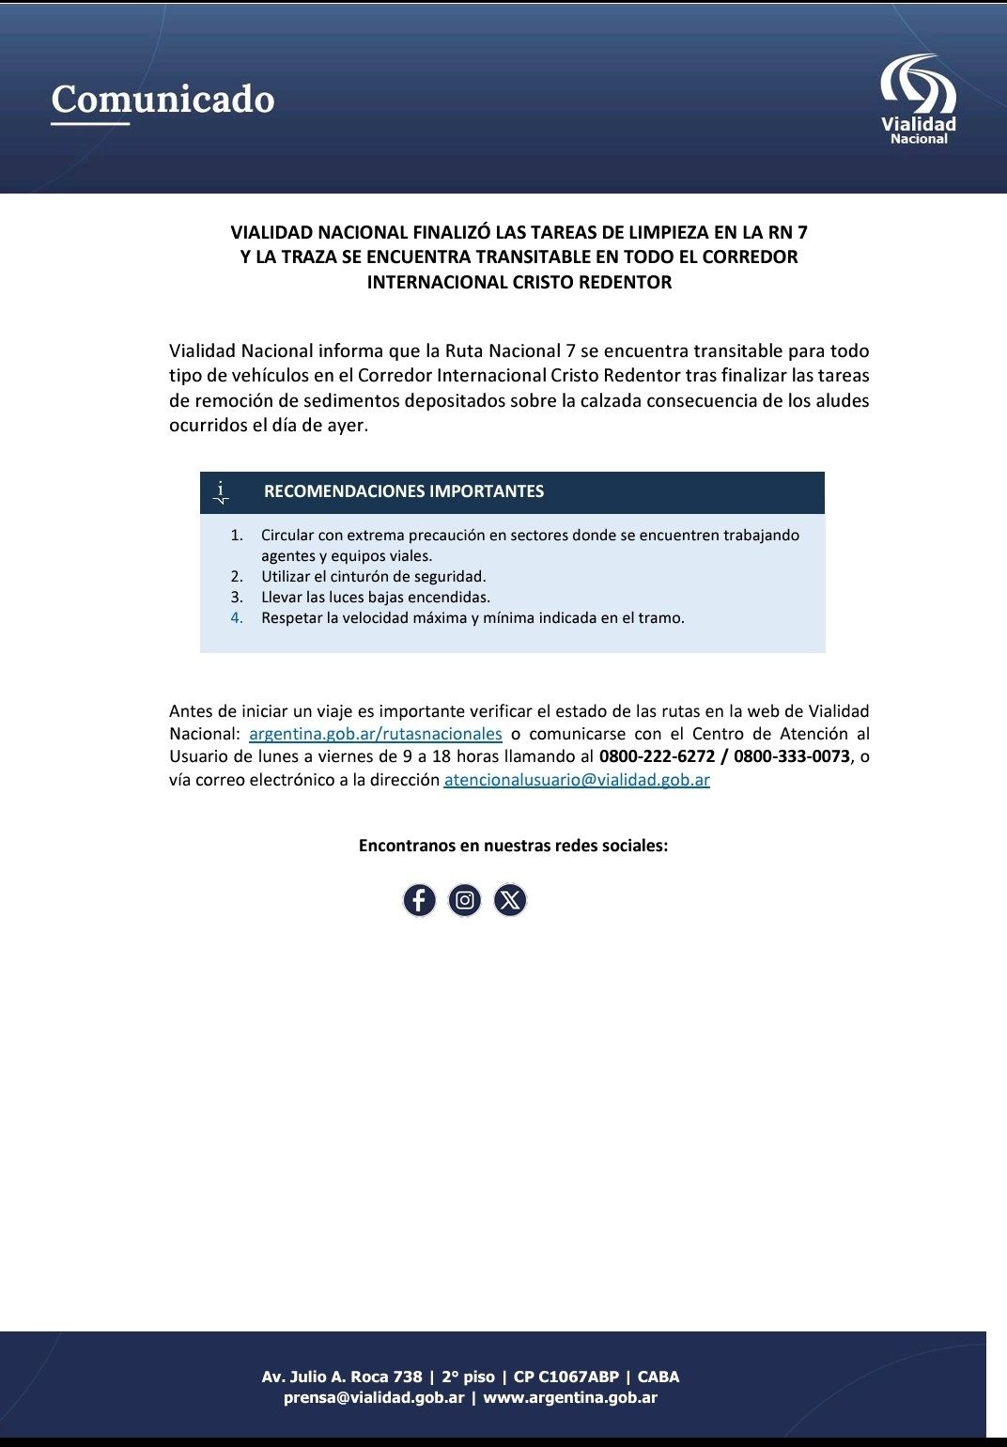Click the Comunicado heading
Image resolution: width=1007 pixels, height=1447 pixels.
click(x=163, y=99)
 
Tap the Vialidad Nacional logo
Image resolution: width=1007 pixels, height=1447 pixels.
click(x=918, y=100)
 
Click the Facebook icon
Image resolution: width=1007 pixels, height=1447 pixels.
click(x=419, y=900)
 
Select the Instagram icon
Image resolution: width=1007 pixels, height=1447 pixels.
click(x=464, y=900)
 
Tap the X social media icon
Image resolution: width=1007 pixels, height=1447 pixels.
click(x=510, y=900)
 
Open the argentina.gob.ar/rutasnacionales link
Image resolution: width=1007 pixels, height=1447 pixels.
click(x=375, y=734)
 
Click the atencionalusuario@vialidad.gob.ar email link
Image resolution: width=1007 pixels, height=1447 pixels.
click(x=577, y=780)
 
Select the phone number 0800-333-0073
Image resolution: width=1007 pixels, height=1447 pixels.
click(x=792, y=756)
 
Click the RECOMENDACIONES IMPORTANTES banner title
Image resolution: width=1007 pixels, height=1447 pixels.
click(x=404, y=491)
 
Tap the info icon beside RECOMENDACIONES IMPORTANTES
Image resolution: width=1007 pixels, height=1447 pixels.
click(x=222, y=491)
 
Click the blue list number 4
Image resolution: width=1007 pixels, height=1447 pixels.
click(x=237, y=618)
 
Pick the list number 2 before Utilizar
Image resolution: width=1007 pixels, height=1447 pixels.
click(x=237, y=577)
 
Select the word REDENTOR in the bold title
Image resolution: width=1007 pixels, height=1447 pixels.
click(x=627, y=283)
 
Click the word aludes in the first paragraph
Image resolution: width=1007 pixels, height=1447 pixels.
click(x=843, y=401)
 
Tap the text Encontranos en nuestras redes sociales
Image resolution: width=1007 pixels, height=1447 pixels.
click(x=513, y=846)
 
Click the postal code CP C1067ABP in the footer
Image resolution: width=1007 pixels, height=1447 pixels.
click(x=565, y=1377)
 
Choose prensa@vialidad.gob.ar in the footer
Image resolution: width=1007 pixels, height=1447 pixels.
click(x=374, y=1397)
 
